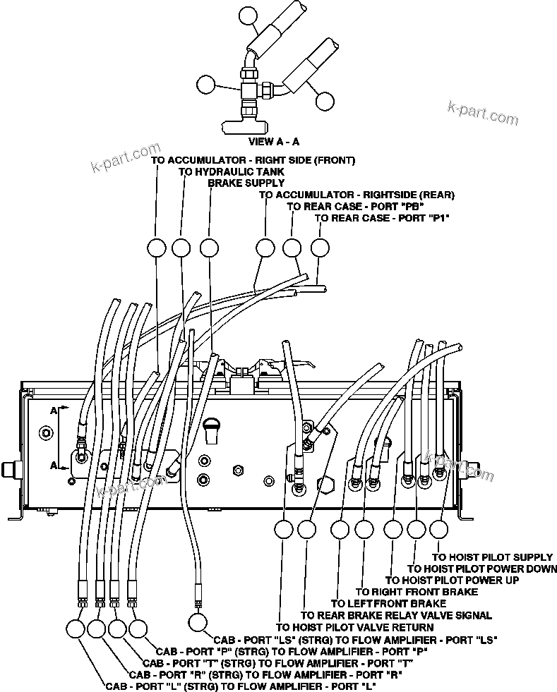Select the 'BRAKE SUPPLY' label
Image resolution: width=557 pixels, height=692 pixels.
[x=246, y=183]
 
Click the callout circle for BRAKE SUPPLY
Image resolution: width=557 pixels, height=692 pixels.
[x=209, y=248]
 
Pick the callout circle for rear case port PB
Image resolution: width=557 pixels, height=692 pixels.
[x=292, y=248]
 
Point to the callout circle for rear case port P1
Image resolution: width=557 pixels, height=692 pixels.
[x=320, y=248]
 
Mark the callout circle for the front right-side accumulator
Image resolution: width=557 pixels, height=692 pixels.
[x=156, y=248]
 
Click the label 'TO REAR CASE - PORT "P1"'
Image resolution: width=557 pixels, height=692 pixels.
[x=382, y=218]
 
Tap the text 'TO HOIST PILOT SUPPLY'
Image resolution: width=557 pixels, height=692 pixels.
[x=492, y=557]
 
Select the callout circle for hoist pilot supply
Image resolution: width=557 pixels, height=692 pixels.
[x=438, y=529]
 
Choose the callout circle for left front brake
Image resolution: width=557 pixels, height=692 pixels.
[x=340, y=529]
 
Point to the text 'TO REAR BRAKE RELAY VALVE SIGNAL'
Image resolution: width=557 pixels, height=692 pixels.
[x=396, y=615]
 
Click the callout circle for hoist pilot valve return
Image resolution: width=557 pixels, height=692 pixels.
[x=283, y=529]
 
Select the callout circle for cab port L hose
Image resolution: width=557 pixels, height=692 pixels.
[x=76, y=628]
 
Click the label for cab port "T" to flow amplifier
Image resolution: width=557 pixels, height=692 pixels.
[x=277, y=663]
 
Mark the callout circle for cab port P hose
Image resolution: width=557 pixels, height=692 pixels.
[x=138, y=628]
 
